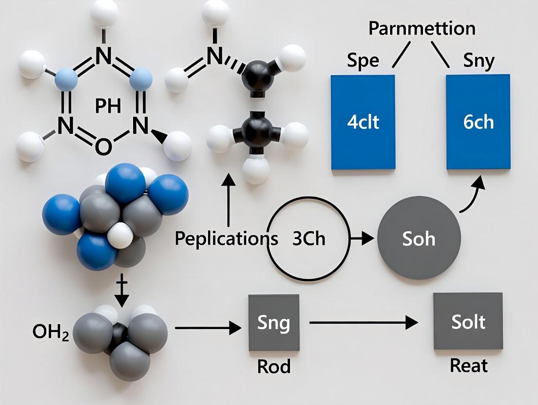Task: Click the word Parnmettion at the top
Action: [422, 28]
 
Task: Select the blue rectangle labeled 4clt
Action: [363, 122]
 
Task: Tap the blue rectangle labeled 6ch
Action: [478, 122]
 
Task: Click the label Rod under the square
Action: [273, 366]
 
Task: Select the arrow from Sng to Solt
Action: [363, 322]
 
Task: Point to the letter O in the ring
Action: [102, 145]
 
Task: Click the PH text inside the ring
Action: [108, 106]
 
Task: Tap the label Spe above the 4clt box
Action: [364, 61]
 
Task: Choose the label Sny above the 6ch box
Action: [479, 61]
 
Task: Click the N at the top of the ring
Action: [103, 56]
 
